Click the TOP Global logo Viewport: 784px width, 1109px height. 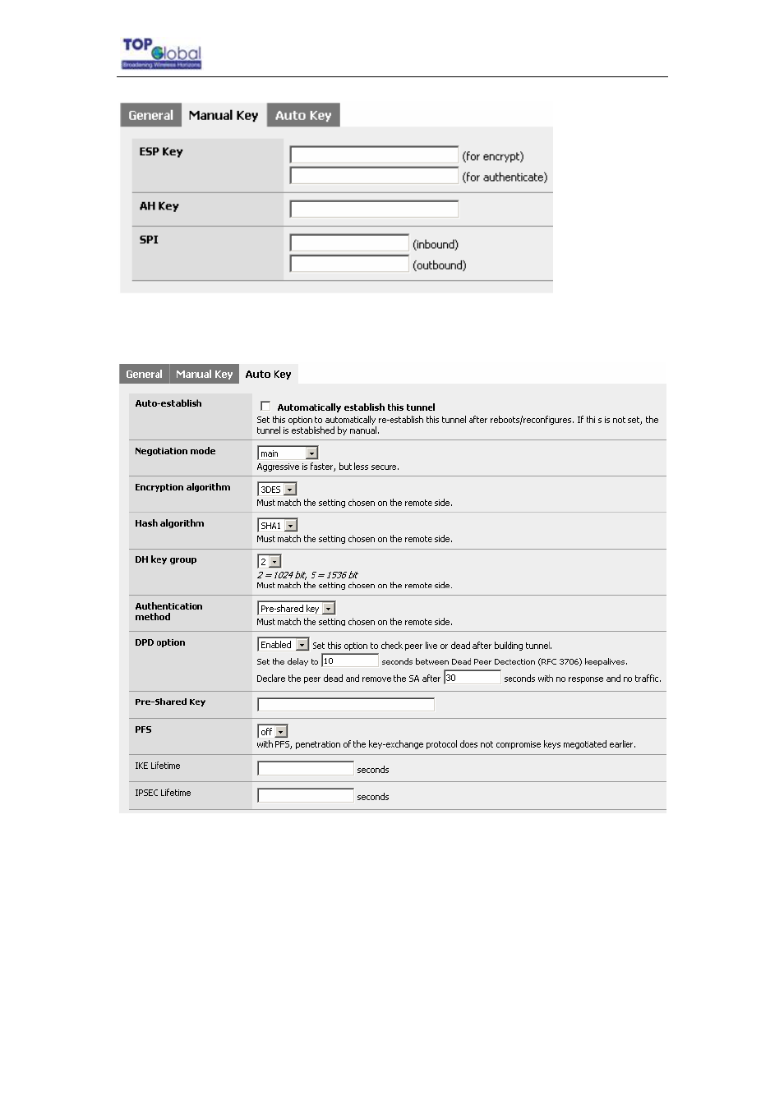pos(162,53)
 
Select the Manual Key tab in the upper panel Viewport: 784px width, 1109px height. pos(223,116)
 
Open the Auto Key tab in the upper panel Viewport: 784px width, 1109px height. pos(303,116)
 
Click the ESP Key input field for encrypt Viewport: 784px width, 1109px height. pos(374,155)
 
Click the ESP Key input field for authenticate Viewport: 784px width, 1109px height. pos(374,176)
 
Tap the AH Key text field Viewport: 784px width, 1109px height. pos(374,209)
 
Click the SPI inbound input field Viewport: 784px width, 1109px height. pos(349,243)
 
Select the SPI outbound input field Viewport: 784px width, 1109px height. pos(349,264)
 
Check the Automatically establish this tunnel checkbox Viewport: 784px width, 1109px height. pos(265,406)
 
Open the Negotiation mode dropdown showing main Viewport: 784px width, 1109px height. pos(288,453)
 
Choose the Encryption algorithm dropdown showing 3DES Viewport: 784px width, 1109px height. pos(277,490)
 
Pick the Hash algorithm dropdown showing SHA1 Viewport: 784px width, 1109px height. pos(278,526)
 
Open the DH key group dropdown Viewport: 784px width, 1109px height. pos(270,562)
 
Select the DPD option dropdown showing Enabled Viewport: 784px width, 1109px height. pos(284,645)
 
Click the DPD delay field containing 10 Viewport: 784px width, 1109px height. pos(349,660)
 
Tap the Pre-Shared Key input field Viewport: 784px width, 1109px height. pos(346,704)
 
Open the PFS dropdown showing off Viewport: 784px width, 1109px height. pos(273,731)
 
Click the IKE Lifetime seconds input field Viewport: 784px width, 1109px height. pos(306,768)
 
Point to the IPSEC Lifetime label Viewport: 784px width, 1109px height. pos(163,793)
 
